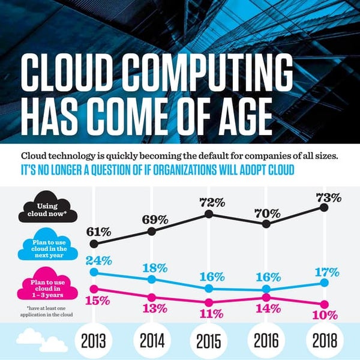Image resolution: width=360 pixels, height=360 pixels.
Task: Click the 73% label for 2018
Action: click(329, 197)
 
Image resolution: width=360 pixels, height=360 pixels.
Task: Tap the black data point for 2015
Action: click(209, 214)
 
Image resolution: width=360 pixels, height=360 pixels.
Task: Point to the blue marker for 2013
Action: click(93, 272)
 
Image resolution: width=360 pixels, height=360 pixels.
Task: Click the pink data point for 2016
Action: click(266, 297)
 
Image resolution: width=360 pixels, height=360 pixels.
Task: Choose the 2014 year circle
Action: click(151, 341)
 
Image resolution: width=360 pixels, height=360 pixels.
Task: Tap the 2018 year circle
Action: click(324, 341)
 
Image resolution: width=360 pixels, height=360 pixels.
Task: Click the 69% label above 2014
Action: click(155, 220)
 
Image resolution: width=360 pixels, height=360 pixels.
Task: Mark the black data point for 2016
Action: click(266, 223)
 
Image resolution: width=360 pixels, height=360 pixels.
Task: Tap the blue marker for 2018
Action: click(324, 282)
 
